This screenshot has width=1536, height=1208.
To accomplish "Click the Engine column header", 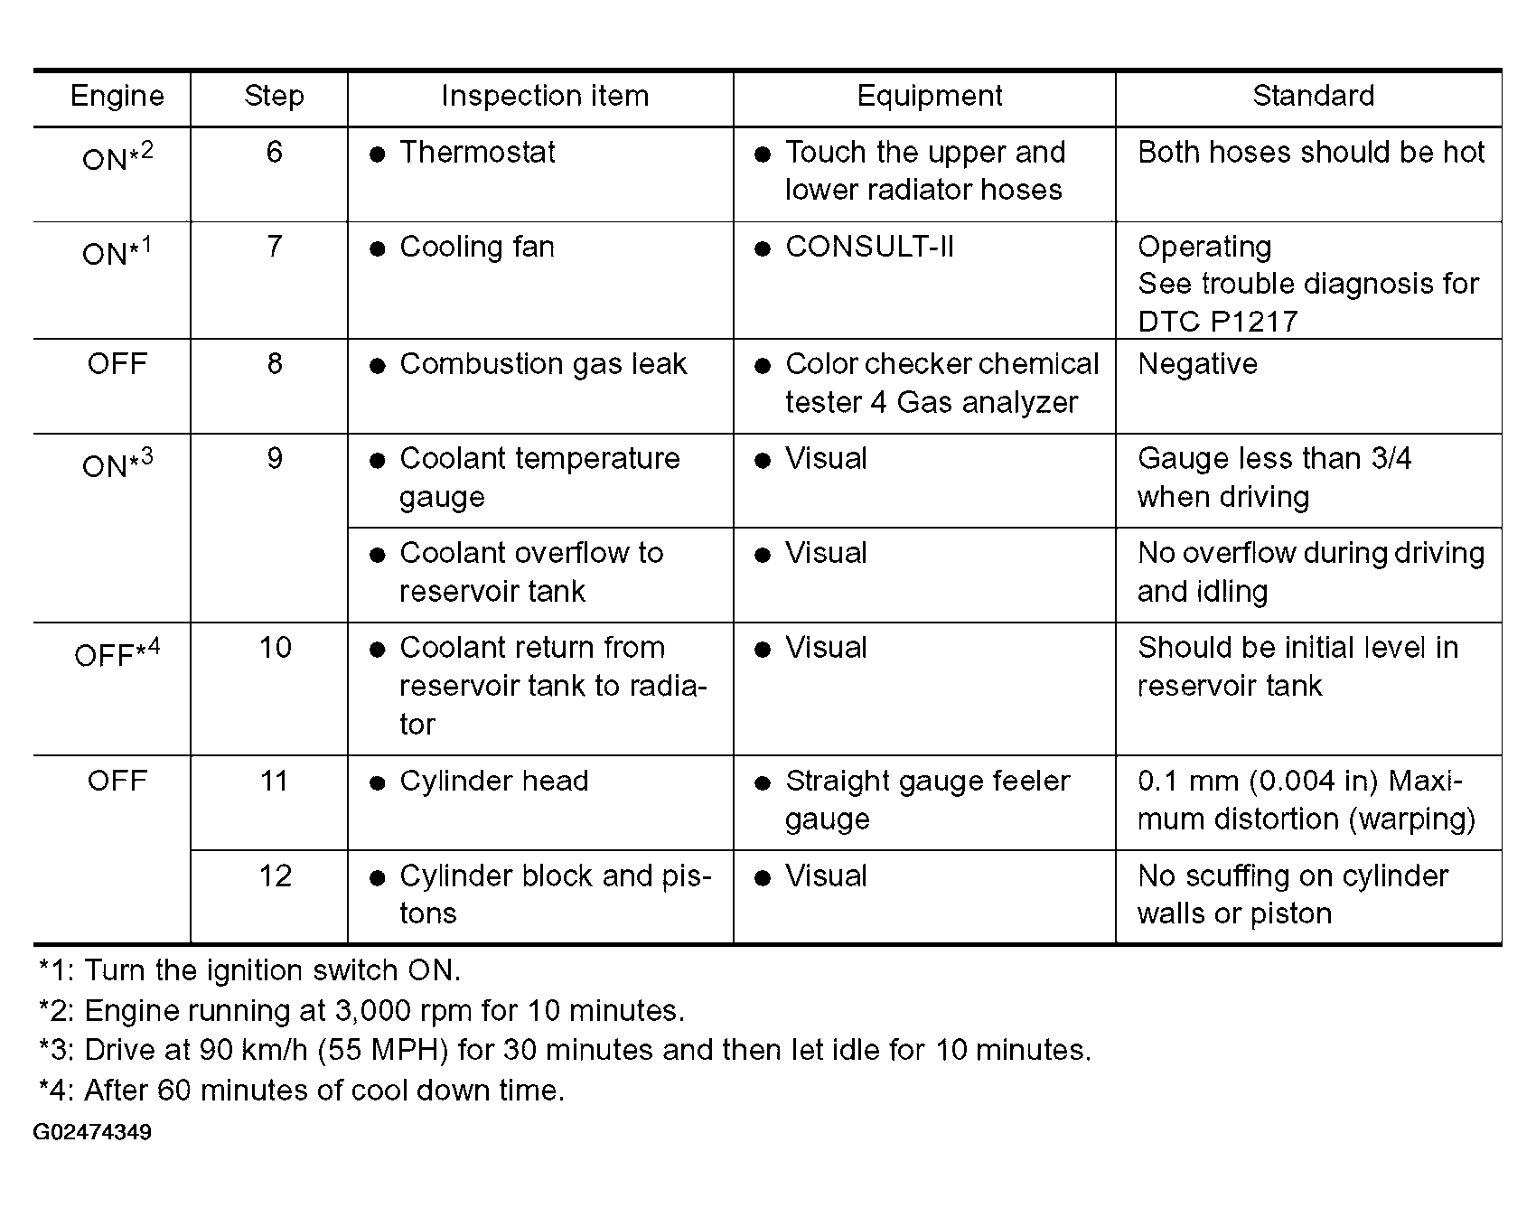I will pyautogui.click(x=117, y=97).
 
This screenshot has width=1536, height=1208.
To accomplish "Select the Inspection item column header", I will pyautogui.click(x=544, y=97).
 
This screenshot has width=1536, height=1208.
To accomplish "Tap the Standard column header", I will pyautogui.click(x=1313, y=96).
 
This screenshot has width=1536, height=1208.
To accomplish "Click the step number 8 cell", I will pyautogui.click(x=275, y=364).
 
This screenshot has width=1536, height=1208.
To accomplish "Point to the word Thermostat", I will pyautogui.click(x=477, y=153).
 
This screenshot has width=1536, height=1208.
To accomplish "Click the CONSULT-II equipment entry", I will pyautogui.click(x=869, y=247).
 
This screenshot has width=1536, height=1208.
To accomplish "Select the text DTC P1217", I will pyautogui.click(x=1217, y=322).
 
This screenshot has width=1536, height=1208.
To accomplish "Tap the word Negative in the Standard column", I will pyautogui.click(x=1197, y=364).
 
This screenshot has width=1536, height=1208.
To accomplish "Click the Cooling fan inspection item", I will pyautogui.click(x=477, y=247).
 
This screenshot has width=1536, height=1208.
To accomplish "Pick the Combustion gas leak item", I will pyautogui.click(x=543, y=364).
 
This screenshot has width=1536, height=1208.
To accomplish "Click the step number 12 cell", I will pyautogui.click(x=275, y=876).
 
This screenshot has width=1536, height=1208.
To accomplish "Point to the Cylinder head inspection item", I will pyautogui.click(x=493, y=781).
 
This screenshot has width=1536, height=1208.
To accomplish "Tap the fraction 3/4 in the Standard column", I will pyautogui.click(x=1391, y=459).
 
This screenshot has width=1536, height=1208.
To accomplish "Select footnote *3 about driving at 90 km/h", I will pyautogui.click(x=565, y=1050).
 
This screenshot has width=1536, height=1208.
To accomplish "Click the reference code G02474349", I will pyautogui.click(x=92, y=1132).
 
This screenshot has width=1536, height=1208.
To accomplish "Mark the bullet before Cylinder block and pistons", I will pyautogui.click(x=378, y=877).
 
